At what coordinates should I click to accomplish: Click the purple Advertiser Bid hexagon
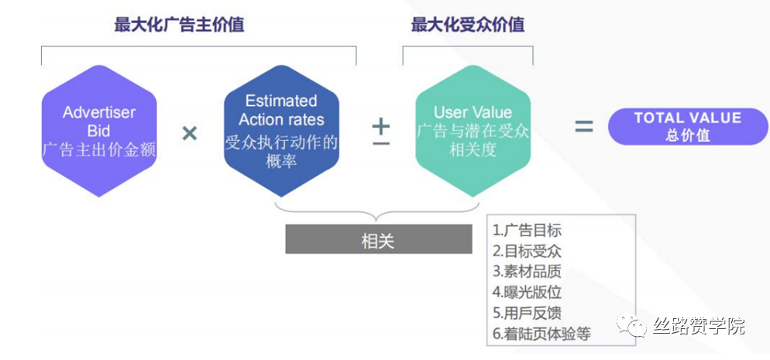click(x=99, y=131)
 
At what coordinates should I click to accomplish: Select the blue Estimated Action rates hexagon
click(x=281, y=131)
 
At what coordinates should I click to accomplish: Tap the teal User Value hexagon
click(x=473, y=131)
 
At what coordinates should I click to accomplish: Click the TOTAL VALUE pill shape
click(x=688, y=126)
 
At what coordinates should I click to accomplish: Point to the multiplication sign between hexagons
click(x=190, y=133)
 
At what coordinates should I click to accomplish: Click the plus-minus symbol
click(x=380, y=132)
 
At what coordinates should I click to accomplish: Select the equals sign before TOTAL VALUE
click(x=584, y=127)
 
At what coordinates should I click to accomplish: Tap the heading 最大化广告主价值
click(x=179, y=25)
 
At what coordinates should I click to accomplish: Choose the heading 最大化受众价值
click(x=468, y=25)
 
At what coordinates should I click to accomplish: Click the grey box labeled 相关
click(x=379, y=239)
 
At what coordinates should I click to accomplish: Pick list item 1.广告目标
click(x=527, y=230)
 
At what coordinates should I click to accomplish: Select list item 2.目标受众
click(x=527, y=251)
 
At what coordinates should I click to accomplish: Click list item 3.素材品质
click(x=527, y=272)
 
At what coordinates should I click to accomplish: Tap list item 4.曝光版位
click(x=527, y=293)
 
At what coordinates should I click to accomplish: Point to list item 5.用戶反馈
click(x=527, y=313)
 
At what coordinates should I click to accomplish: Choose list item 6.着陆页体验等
click(x=541, y=334)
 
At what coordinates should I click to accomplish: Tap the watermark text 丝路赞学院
click(x=699, y=326)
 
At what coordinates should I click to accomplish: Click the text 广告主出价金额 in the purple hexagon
click(x=99, y=149)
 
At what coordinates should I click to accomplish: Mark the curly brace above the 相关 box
click(x=377, y=216)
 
